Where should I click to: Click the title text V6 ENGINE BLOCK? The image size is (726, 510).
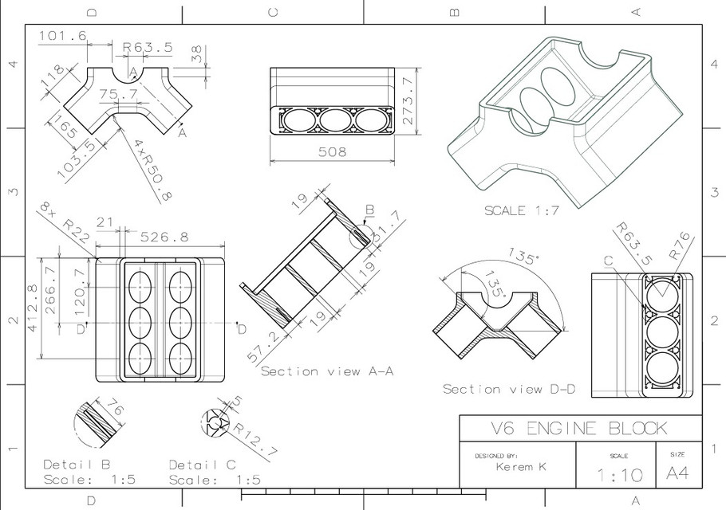pyautogui.click(x=580, y=428)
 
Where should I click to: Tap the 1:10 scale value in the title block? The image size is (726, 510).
pyautogui.click(x=617, y=475)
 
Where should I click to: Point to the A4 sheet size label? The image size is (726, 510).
pyautogui.click(x=677, y=473)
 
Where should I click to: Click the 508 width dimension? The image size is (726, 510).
pyautogui.click(x=332, y=151)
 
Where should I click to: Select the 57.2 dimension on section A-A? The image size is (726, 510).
pyautogui.click(x=266, y=348)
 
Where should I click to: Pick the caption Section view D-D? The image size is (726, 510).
pyautogui.click(x=509, y=389)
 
